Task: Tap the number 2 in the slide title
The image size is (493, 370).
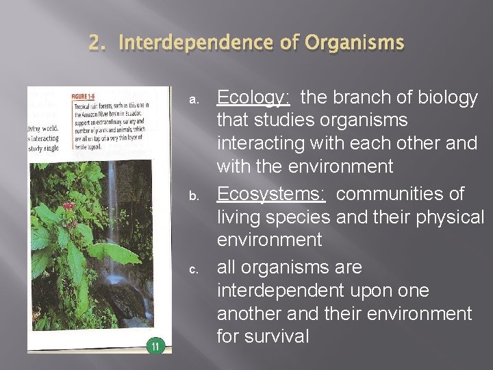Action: tap(95, 44)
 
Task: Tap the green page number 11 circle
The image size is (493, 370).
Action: tap(155, 346)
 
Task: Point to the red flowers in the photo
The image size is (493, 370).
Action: tap(68, 206)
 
